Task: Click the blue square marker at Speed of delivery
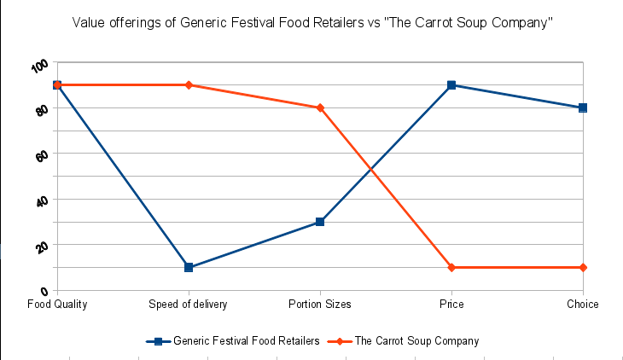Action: click(189, 268)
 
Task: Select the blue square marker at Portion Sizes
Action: click(320, 222)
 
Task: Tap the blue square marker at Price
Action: click(451, 85)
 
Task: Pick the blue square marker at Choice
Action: click(583, 107)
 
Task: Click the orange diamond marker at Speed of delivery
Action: click(189, 85)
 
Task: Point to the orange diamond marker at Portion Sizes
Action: click(320, 107)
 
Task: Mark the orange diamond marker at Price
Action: click(451, 268)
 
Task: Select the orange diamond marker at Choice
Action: click(583, 268)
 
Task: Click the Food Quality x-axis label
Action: click(57, 304)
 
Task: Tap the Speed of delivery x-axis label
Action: click(189, 304)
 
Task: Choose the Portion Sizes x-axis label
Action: click(320, 304)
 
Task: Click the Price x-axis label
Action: click(451, 304)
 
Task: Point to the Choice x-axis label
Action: click(583, 304)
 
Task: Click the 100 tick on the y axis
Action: click(39, 67)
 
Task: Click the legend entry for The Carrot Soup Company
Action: click(416, 340)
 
